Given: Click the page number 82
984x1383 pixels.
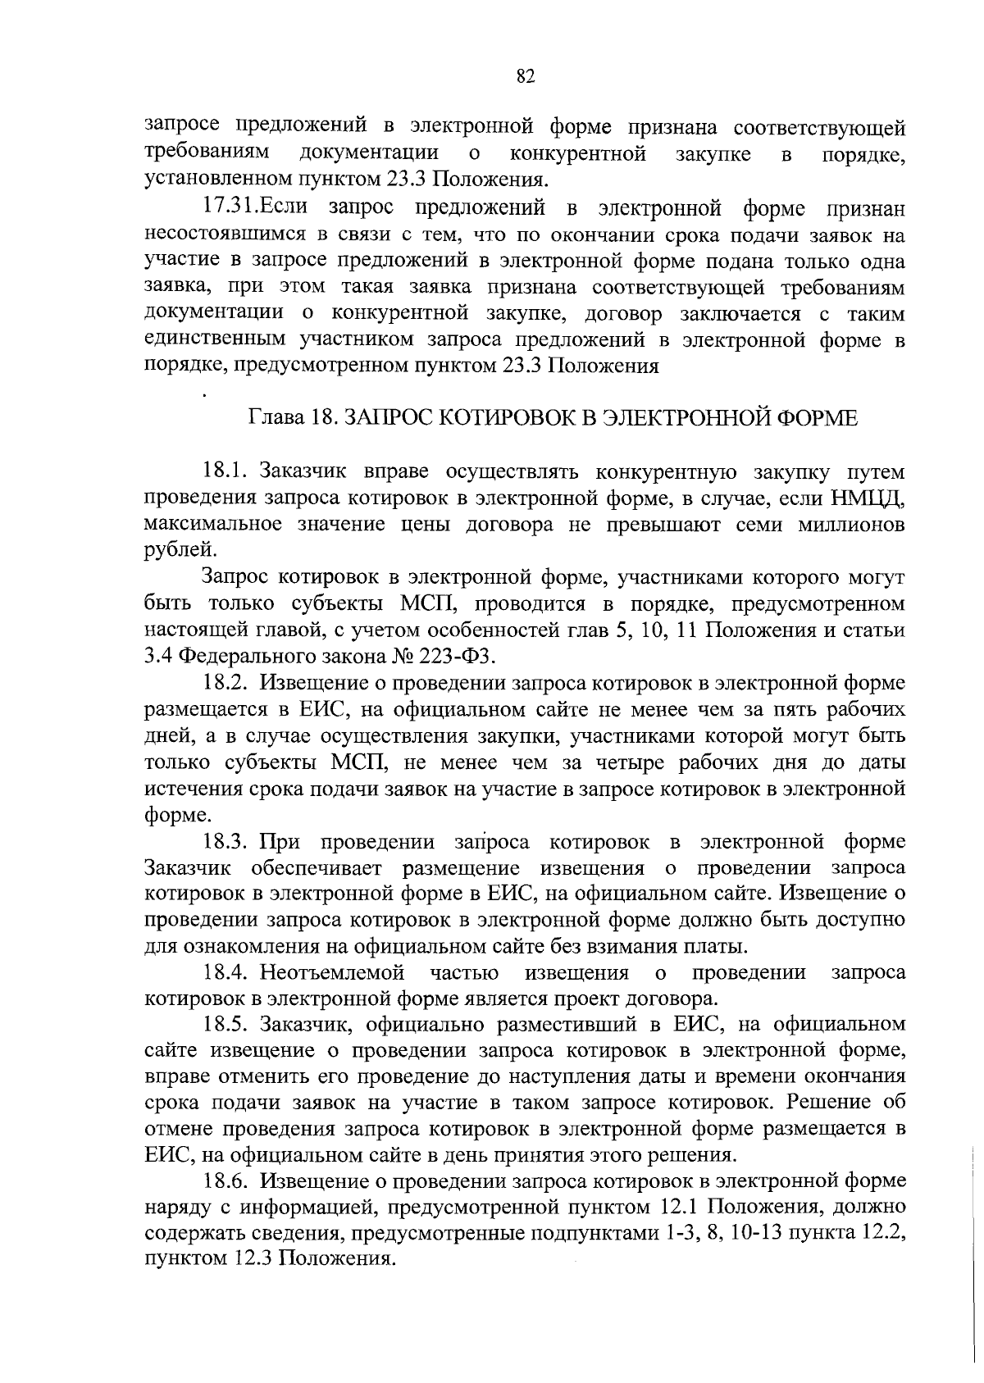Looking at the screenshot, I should (x=526, y=76).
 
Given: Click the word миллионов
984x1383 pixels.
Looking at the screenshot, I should (x=852, y=525).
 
